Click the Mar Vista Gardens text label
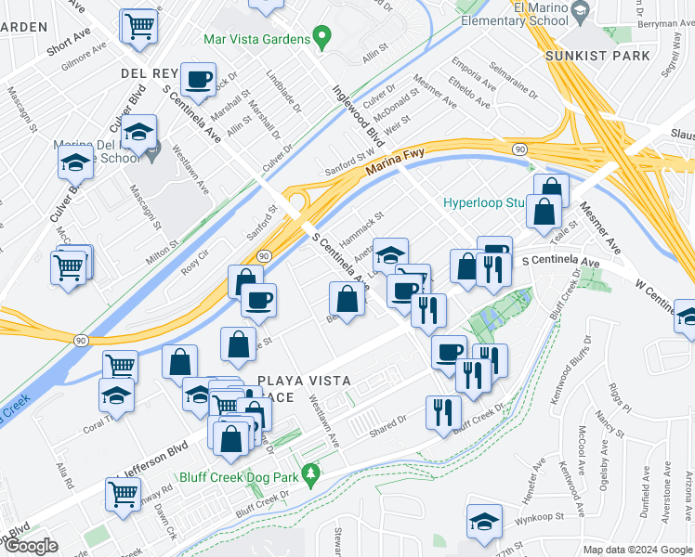tap(257, 40)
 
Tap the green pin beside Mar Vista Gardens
tap(322, 39)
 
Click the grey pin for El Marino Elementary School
tap(582, 12)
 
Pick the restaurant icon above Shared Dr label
tap(443, 412)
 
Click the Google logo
tap(31, 547)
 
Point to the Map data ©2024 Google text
tap(637, 550)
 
